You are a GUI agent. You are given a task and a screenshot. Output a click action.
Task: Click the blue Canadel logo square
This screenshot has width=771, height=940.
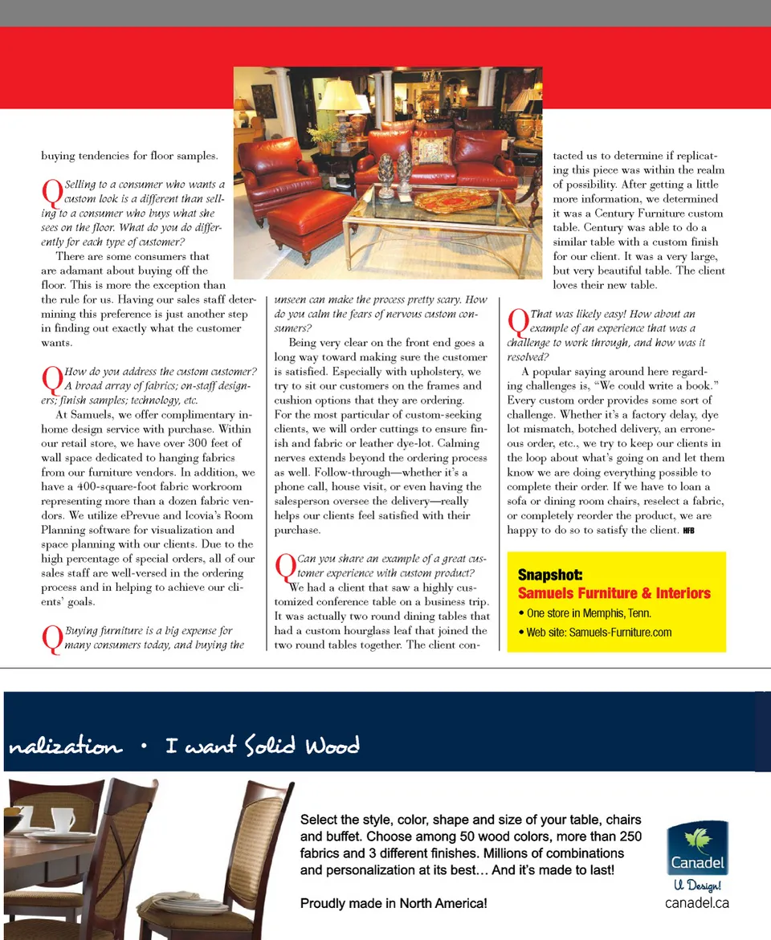pyautogui.click(x=697, y=848)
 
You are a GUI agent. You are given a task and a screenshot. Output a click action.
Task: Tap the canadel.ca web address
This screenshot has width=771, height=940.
pyautogui.click(x=697, y=902)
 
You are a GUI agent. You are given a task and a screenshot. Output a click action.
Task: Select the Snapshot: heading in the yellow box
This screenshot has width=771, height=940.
pyautogui.click(x=550, y=575)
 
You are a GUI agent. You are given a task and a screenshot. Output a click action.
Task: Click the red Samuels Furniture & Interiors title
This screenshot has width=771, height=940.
pyautogui.click(x=614, y=593)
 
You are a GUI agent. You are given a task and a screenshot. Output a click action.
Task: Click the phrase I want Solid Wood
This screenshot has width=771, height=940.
pyautogui.click(x=262, y=747)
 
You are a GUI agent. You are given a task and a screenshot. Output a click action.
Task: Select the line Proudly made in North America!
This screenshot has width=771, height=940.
pyautogui.click(x=394, y=903)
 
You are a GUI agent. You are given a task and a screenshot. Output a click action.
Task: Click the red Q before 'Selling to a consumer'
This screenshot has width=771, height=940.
pyautogui.click(x=51, y=193)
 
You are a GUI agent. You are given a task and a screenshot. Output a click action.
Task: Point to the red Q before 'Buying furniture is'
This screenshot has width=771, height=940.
pyautogui.click(x=51, y=640)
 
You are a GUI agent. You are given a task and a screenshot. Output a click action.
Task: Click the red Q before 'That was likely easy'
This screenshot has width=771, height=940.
pyautogui.click(x=517, y=323)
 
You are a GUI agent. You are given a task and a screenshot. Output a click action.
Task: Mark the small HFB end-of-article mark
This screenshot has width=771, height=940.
pyautogui.click(x=688, y=531)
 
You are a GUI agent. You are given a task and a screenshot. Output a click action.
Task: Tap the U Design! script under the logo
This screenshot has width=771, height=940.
pyautogui.click(x=697, y=886)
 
